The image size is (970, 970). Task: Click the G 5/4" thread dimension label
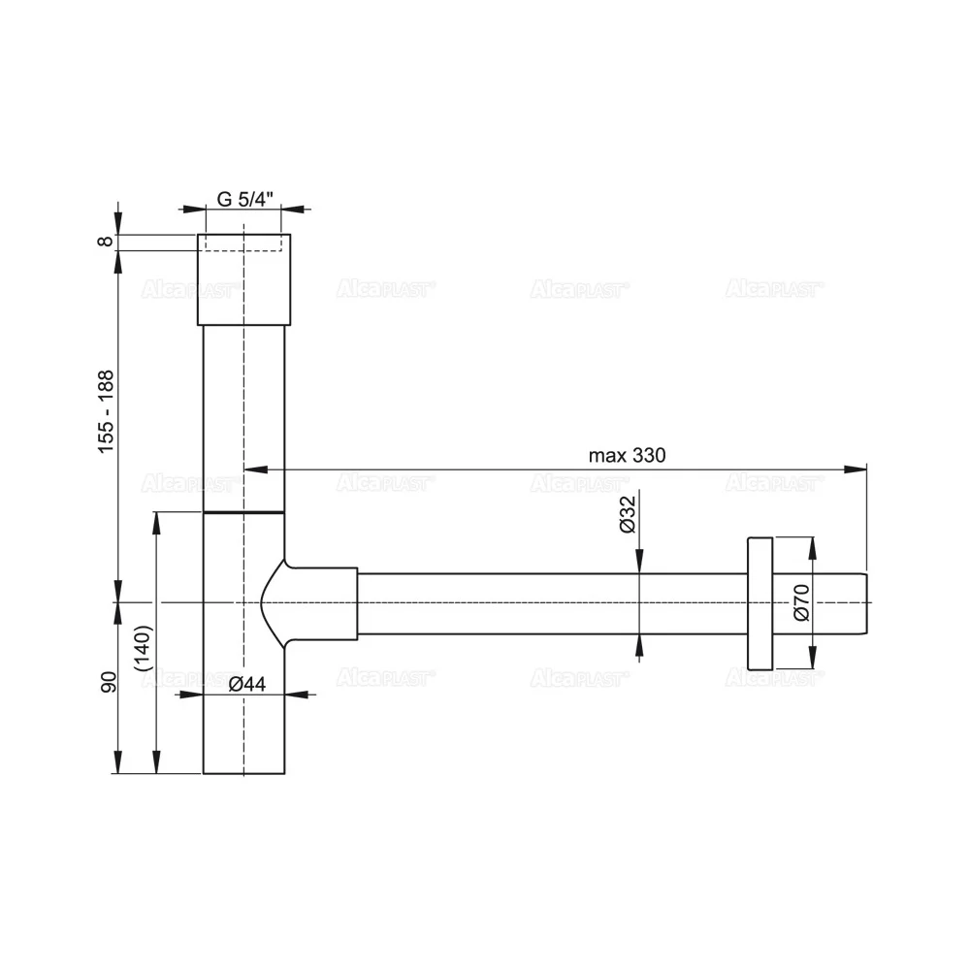[x=244, y=199]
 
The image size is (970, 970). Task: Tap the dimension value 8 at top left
[x=107, y=241]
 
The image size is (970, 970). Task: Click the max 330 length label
[x=628, y=456]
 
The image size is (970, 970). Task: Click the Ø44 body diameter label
[x=247, y=683]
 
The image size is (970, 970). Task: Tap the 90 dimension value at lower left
[x=108, y=682]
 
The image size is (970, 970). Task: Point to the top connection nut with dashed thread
[x=243, y=279]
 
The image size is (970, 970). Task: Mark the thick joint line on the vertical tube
[x=243, y=510]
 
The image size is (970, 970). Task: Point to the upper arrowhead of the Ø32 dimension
[x=638, y=564]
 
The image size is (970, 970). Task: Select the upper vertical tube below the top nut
[x=243, y=417]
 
